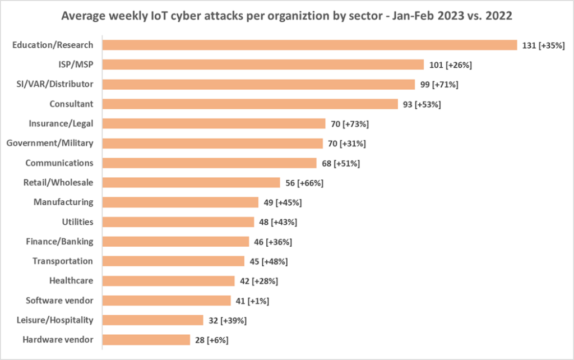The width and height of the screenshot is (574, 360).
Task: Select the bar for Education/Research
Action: [x=309, y=45]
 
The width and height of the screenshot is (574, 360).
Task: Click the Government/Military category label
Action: [x=50, y=143]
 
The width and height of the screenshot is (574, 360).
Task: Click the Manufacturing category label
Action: [x=63, y=202]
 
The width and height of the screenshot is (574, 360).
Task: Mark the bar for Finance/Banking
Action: [x=175, y=242]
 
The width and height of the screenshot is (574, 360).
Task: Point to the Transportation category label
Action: [x=63, y=261]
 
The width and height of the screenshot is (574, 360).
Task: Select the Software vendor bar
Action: [x=166, y=301]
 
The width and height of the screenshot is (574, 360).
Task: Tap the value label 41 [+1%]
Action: [x=252, y=301]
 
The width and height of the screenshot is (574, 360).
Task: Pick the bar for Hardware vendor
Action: [x=146, y=340]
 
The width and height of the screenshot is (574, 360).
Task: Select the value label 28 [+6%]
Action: [x=211, y=340]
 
